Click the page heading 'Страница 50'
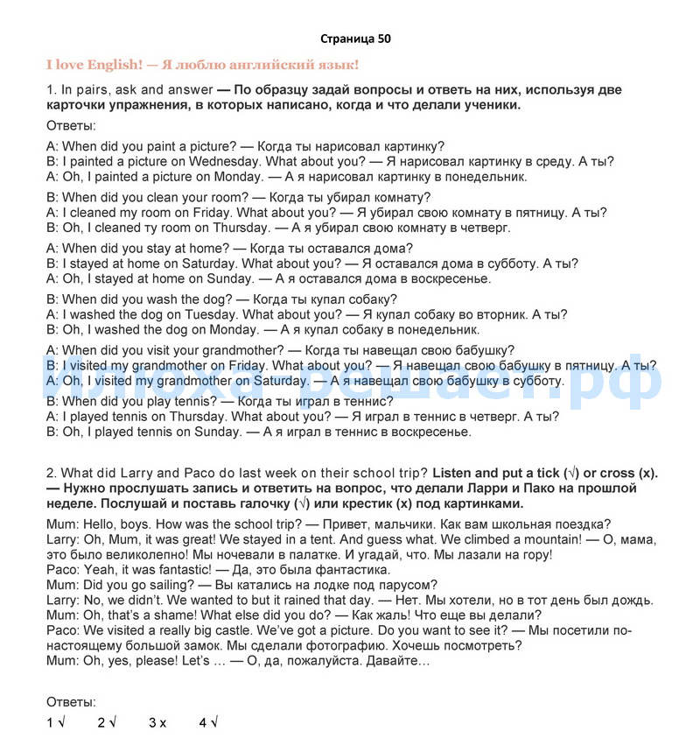coord(355,39)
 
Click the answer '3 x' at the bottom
coord(157,722)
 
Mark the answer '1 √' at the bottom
coord(56,722)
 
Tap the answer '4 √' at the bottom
coord(207,722)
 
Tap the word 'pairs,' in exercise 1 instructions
coord(94,89)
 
